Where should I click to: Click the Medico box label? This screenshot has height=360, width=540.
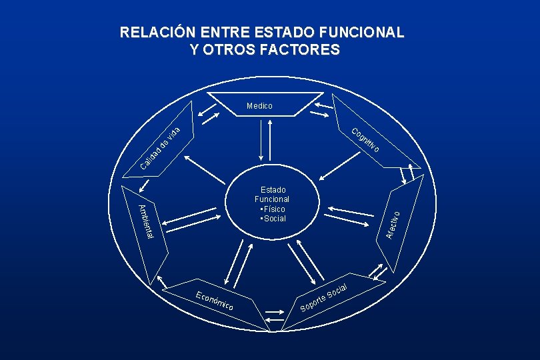(259, 105)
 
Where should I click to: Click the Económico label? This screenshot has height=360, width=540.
(215, 302)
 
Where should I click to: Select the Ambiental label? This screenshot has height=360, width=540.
(146, 222)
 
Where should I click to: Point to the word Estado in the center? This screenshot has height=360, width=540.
(272, 189)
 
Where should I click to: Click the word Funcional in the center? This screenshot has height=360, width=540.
(272, 199)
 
